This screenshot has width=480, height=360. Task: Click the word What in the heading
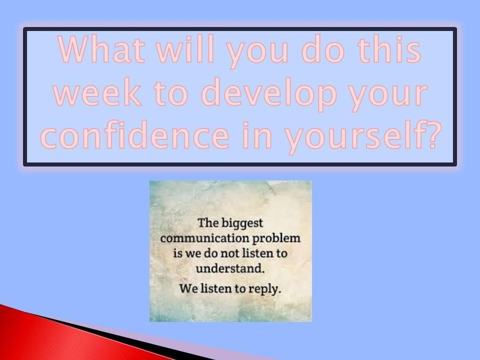pyautogui.click(x=101, y=50)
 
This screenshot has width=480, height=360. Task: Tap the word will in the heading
pyautogui.click(x=185, y=48)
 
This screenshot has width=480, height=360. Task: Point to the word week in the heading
pyautogui.click(x=97, y=92)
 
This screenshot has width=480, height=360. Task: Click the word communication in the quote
pyautogui.click(x=205, y=238)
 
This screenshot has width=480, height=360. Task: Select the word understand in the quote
pyautogui.click(x=229, y=269)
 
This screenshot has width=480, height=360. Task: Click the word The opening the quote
pyautogui.click(x=208, y=223)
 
